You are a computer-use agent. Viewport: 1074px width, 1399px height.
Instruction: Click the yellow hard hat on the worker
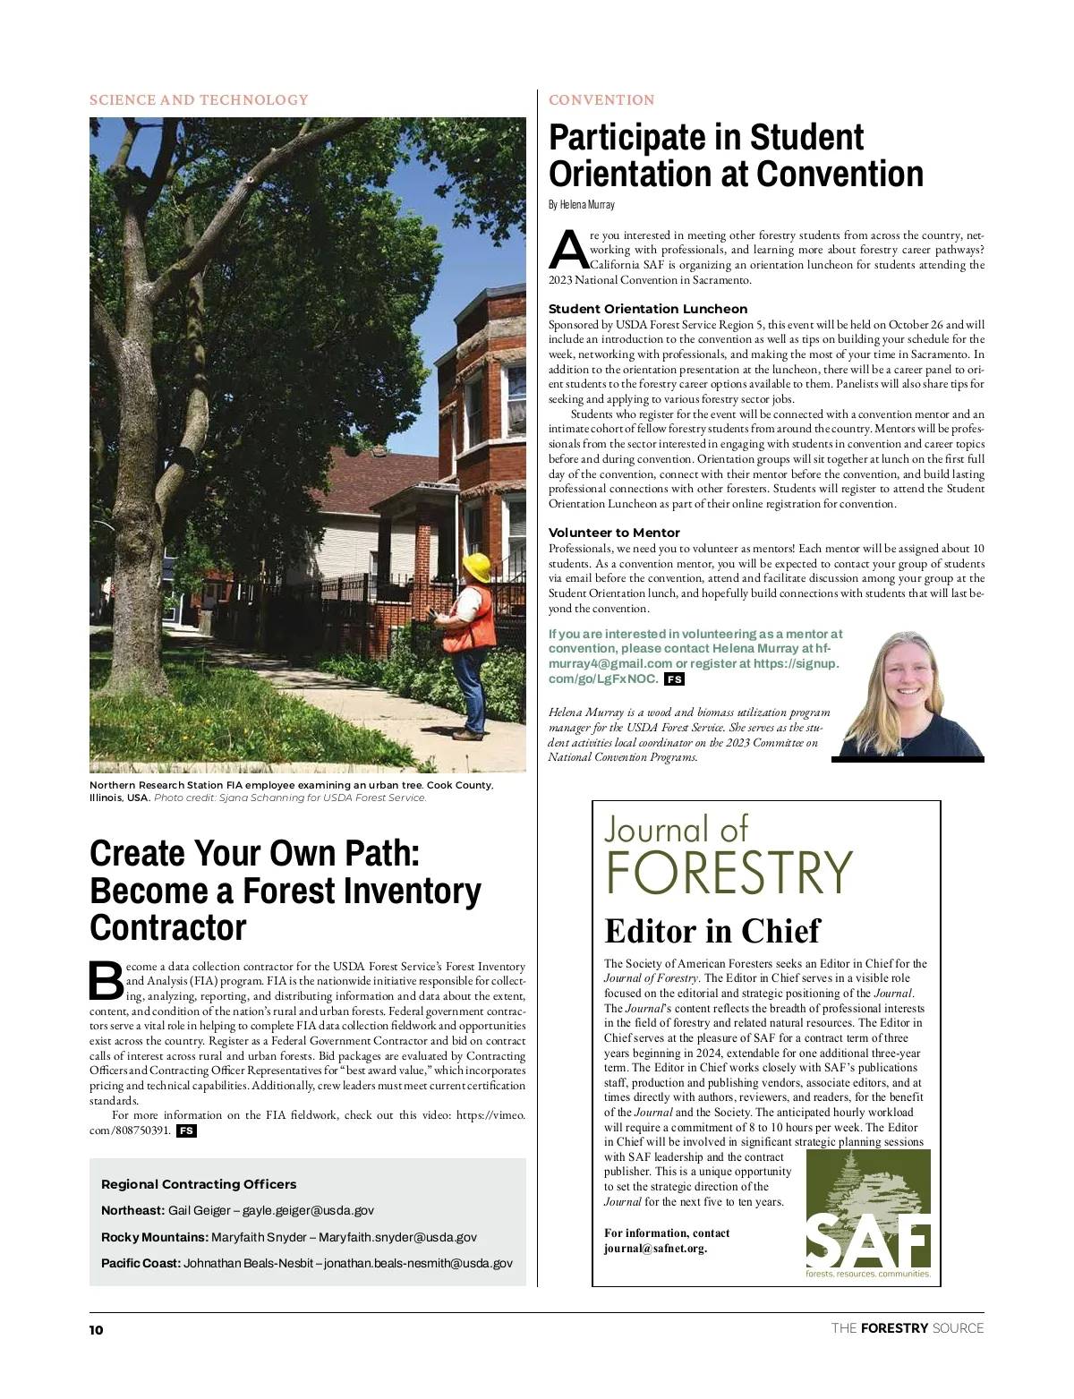coord(476,567)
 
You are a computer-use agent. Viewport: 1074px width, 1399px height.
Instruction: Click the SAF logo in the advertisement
coord(868,1214)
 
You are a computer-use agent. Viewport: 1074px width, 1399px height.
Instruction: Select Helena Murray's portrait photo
coord(908,695)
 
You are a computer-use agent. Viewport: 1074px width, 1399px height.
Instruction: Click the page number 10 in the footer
coord(96,1330)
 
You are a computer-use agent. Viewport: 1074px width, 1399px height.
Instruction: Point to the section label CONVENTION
coord(601,100)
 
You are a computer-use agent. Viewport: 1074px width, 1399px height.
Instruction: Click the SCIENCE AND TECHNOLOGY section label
coord(199,100)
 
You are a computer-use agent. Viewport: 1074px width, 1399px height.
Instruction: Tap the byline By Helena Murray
coord(582,205)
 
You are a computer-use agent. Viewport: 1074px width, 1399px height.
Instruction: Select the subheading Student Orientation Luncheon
coord(648,309)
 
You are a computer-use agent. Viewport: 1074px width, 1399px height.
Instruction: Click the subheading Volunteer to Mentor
coord(614,533)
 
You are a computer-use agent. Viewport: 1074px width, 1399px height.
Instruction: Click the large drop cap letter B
coord(107,981)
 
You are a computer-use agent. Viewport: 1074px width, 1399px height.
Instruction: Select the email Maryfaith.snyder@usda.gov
coord(397,1237)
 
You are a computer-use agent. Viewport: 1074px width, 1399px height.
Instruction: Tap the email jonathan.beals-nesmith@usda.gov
coord(418,1263)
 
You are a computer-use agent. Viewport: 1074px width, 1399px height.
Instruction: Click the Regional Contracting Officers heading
coord(199,1183)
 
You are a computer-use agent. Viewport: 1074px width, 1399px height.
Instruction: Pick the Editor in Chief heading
coord(712,931)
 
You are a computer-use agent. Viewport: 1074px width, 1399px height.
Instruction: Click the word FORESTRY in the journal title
coord(729,874)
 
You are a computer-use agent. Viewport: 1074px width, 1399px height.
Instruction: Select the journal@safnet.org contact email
coord(655,1249)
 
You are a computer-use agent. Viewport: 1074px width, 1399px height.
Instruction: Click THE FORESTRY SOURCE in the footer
coord(908,1328)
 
